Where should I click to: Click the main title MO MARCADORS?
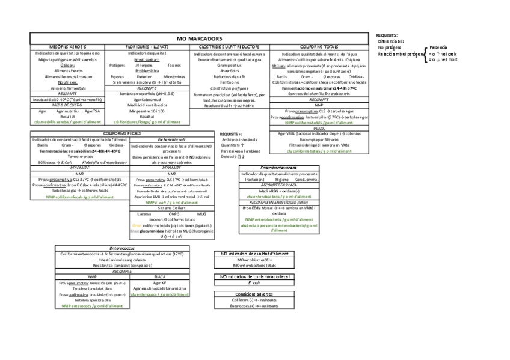coord(200,38)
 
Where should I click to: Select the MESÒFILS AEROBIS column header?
coord(67,46)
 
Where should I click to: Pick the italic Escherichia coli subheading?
coord(171,139)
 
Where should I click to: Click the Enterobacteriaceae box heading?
coord(278,168)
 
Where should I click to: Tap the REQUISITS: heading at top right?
coord(386,35)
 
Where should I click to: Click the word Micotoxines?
coord(174,77)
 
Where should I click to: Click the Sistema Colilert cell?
coord(171,207)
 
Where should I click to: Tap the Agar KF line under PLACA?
coord(159,282)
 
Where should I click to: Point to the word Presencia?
coord(438,47)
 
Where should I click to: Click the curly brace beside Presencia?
coord(425,53)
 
